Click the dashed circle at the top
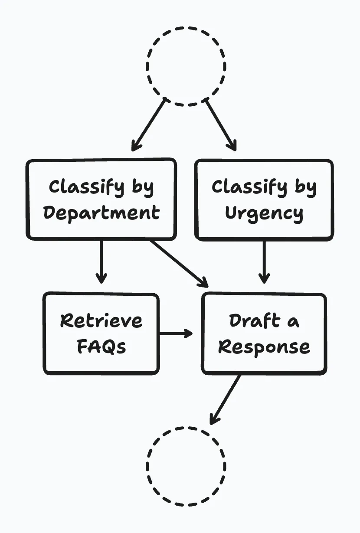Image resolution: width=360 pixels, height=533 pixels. click(x=186, y=66)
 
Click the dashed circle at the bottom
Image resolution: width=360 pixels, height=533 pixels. click(x=186, y=466)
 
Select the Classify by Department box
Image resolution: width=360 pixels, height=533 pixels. click(x=101, y=199)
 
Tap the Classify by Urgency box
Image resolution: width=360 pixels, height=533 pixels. click(x=264, y=199)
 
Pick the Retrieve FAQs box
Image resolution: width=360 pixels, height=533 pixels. click(x=101, y=334)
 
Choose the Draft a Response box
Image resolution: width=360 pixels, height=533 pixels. click(x=264, y=334)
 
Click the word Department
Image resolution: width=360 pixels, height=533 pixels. click(x=101, y=213)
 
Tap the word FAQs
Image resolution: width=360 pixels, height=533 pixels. click(x=101, y=347)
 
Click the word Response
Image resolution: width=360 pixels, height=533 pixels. click(x=264, y=347)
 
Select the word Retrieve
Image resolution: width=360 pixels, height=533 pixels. click(x=101, y=321)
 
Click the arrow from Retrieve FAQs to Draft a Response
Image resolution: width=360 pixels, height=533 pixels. click(x=176, y=334)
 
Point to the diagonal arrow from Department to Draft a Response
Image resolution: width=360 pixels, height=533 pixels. click(x=179, y=263)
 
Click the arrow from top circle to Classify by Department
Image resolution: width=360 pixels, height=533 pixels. click(x=149, y=124)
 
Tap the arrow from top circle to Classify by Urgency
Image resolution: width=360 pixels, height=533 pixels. click(x=221, y=124)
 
